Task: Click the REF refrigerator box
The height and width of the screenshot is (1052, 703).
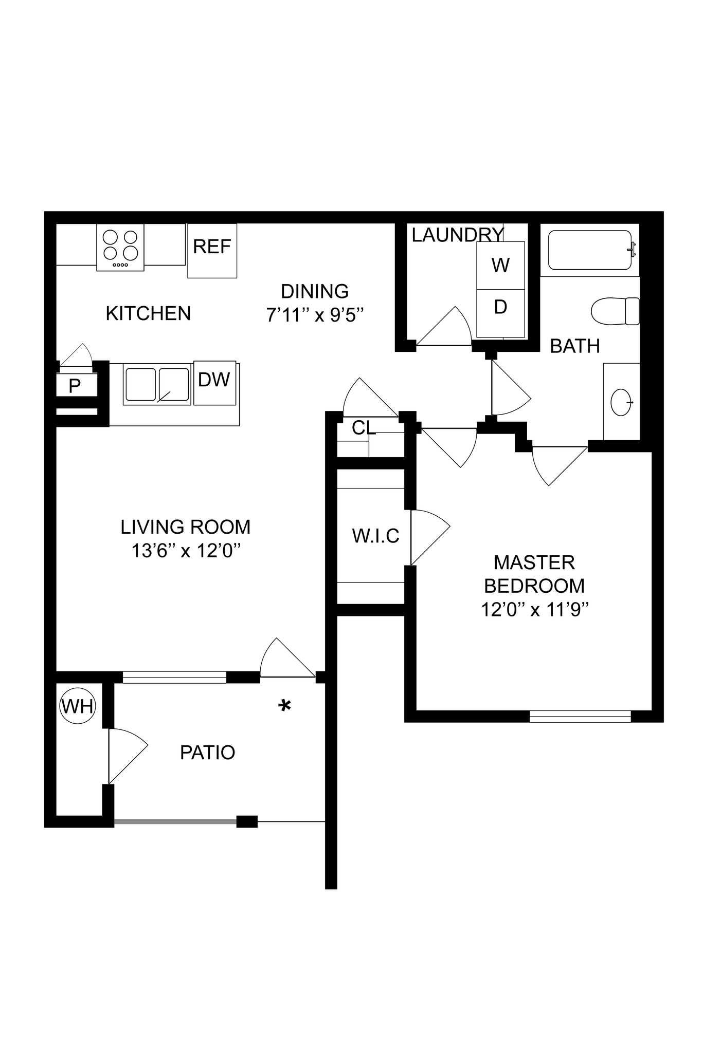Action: pyautogui.click(x=212, y=251)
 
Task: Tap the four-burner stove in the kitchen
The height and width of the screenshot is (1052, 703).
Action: pyautogui.click(x=120, y=247)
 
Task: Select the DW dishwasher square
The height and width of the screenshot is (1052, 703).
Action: pyautogui.click(x=214, y=382)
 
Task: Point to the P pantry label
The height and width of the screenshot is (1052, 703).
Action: pyautogui.click(x=75, y=386)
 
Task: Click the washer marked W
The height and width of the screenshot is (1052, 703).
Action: pyautogui.click(x=500, y=266)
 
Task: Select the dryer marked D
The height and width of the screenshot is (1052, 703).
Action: pyautogui.click(x=500, y=307)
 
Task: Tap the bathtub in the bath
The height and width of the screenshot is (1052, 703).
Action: pyautogui.click(x=589, y=250)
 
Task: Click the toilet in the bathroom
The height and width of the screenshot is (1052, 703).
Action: pyautogui.click(x=615, y=311)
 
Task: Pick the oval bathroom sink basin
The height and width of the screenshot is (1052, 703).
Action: pyautogui.click(x=621, y=402)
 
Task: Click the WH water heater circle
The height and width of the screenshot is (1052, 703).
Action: pyautogui.click(x=78, y=706)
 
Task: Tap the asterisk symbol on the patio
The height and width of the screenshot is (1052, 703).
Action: pyautogui.click(x=284, y=705)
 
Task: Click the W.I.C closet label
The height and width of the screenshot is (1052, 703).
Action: pyautogui.click(x=375, y=536)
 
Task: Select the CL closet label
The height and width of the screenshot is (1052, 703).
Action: pyautogui.click(x=364, y=427)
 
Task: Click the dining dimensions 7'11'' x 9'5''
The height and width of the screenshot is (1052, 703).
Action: pyautogui.click(x=315, y=314)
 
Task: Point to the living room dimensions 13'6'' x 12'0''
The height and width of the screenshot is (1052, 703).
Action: pyautogui.click(x=186, y=551)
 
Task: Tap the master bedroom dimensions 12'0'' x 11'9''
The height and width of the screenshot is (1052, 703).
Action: pyautogui.click(x=534, y=610)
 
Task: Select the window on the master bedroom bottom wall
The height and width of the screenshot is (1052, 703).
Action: pyautogui.click(x=580, y=716)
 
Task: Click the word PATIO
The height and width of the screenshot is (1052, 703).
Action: pyautogui.click(x=207, y=753)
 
